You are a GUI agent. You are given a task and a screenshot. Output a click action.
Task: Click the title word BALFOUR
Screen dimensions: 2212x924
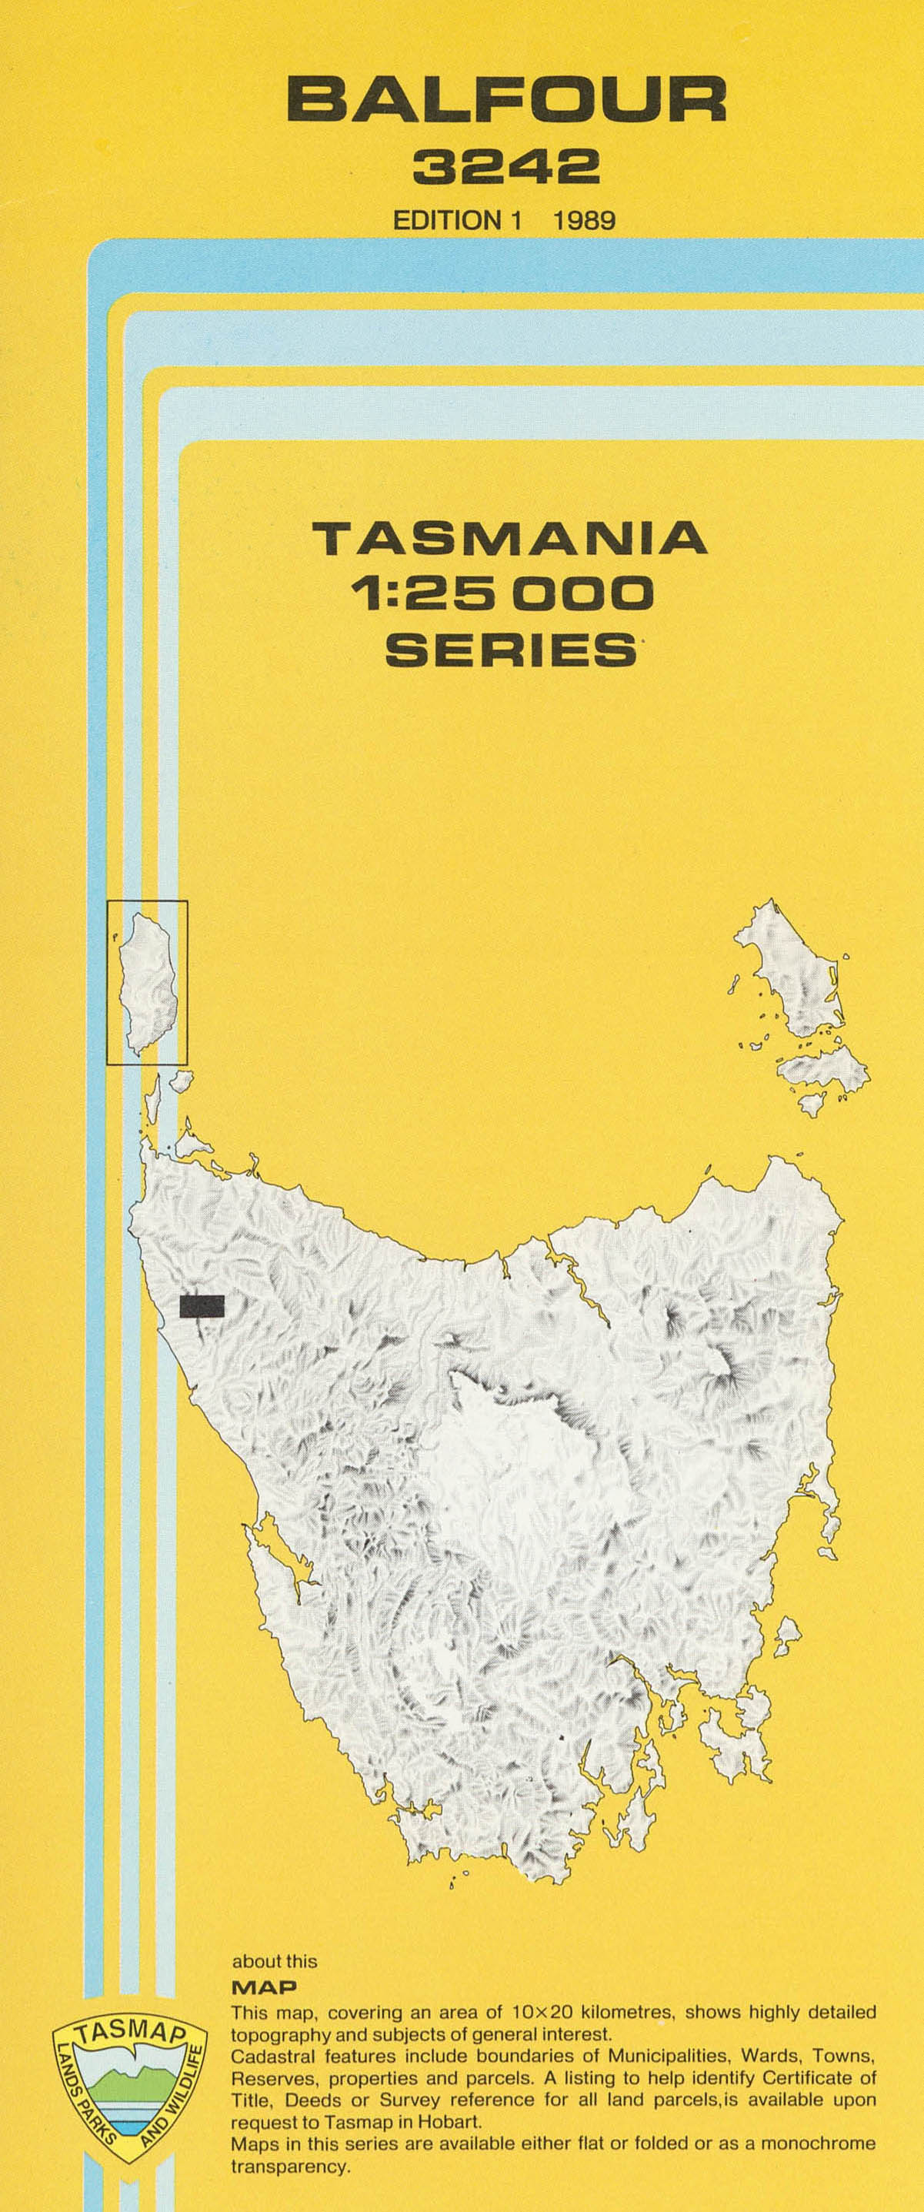tap(507, 99)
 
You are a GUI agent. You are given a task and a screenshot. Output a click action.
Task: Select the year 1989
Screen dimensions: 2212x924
tap(584, 221)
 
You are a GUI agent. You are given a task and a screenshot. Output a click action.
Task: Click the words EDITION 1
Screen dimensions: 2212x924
tap(457, 221)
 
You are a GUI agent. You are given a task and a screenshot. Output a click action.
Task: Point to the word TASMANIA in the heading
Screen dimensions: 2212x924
tap(509, 540)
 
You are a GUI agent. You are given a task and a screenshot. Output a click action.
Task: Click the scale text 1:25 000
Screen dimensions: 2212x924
tap(508, 593)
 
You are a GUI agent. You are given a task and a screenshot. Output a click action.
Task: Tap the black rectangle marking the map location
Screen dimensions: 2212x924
tap(202, 1306)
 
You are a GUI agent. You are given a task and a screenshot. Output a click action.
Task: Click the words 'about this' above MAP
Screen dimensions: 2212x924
tap(274, 1962)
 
